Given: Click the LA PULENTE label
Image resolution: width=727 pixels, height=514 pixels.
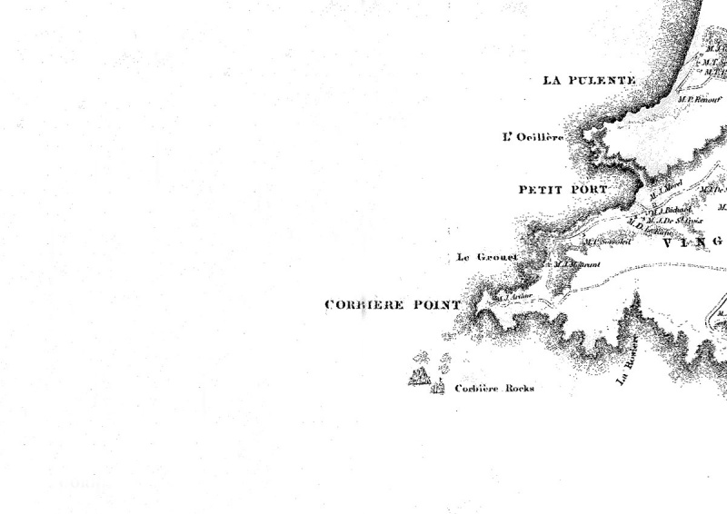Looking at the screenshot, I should click(x=587, y=81).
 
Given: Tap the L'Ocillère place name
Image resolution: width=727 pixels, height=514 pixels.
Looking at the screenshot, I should click(x=533, y=138).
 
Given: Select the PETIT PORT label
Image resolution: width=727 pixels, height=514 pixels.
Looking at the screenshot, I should click(x=563, y=190).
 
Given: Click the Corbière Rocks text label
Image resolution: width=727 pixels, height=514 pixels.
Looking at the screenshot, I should click(x=494, y=389).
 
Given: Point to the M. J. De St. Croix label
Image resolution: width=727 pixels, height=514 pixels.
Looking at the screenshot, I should click(x=674, y=220).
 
